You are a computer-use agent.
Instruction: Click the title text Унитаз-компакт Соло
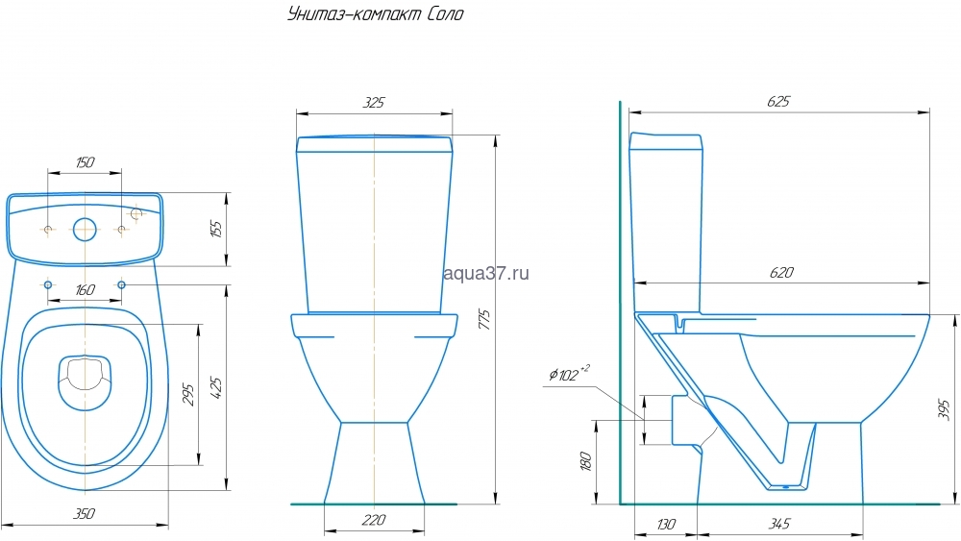(376, 14)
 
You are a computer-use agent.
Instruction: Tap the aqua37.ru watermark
(485, 273)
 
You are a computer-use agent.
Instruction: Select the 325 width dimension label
(373, 102)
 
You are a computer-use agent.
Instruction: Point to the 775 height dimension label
(484, 320)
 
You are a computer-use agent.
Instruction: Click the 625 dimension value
(778, 101)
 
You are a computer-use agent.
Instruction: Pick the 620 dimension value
(780, 272)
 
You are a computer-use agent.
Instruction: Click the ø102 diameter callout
(569, 373)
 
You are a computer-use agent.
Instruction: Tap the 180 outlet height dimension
(585, 460)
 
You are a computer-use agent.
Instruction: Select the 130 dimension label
(666, 525)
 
